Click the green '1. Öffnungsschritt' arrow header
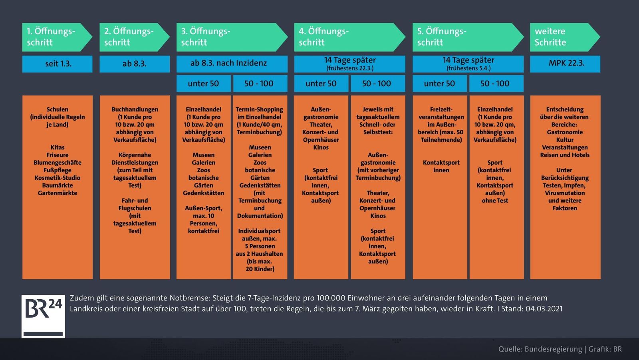[x=57, y=37]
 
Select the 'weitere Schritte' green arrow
[x=565, y=37]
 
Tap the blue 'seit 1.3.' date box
[x=58, y=64]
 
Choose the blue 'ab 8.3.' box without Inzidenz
[x=135, y=64]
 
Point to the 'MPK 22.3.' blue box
[x=565, y=64]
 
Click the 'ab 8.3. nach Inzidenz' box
[x=232, y=64]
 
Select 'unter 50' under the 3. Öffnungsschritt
[x=203, y=84]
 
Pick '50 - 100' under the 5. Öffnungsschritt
[x=496, y=84]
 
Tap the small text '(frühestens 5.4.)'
[x=468, y=68]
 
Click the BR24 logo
[x=43, y=316]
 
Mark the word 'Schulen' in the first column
[x=58, y=109]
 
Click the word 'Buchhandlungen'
[x=135, y=109]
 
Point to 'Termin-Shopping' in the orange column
[x=259, y=109]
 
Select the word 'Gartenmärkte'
[x=58, y=193]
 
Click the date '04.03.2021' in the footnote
[x=544, y=309]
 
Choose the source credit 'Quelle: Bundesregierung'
[x=540, y=349]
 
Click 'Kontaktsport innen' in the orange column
[x=441, y=166]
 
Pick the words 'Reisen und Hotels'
[x=565, y=155]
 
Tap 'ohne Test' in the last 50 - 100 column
[x=495, y=201]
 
